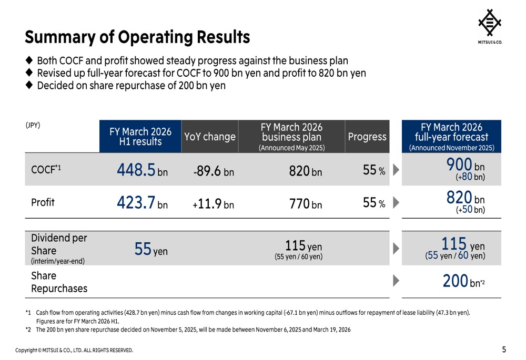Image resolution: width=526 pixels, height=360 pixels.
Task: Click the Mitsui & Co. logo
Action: (x=489, y=26)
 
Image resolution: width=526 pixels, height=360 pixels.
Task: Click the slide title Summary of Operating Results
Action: (x=137, y=37)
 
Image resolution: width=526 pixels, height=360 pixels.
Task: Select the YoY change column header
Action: (x=209, y=137)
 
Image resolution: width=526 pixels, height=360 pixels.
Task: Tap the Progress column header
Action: (x=367, y=137)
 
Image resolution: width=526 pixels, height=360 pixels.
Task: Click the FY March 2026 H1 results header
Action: (x=140, y=137)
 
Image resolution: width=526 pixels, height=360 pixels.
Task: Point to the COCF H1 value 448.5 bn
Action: (x=142, y=170)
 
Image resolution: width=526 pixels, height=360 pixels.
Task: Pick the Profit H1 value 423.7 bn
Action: (x=142, y=203)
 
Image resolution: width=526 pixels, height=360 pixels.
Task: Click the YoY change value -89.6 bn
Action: (x=213, y=171)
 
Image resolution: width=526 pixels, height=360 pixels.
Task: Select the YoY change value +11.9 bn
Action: (x=213, y=204)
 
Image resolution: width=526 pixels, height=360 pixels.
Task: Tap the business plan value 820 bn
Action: (x=305, y=171)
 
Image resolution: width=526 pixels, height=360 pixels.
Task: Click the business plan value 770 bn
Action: (x=305, y=204)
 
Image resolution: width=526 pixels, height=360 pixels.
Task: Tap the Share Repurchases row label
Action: (x=59, y=282)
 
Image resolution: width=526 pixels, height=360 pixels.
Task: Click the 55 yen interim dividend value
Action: (x=150, y=250)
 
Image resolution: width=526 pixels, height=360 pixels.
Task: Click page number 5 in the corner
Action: (x=504, y=349)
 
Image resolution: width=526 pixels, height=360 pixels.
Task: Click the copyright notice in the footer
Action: (x=74, y=350)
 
